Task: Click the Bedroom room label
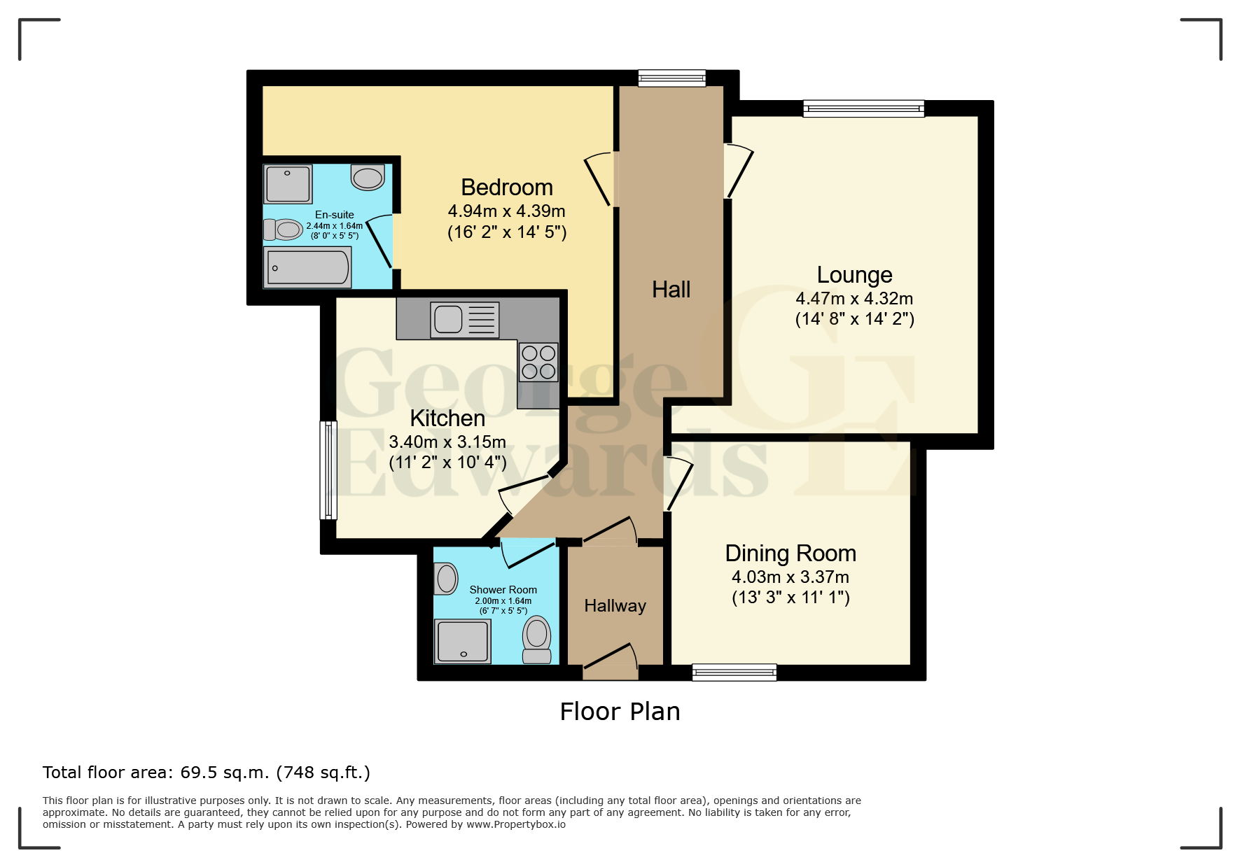click(x=507, y=188)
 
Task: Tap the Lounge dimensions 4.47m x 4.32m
click(x=854, y=298)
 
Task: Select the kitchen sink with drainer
click(x=465, y=320)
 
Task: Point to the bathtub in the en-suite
click(x=307, y=267)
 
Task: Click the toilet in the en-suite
click(x=283, y=230)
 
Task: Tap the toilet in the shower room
click(x=537, y=640)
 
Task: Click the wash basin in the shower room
click(x=445, y=579)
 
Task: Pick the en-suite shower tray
click(x=288, y=183)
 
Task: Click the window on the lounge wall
click(x=864, y=108)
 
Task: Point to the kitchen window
click(x=328, y=470)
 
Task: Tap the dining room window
click(x=734, y=672)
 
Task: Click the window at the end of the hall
click(x=672, y=78)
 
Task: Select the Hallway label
click(x=615, y=606)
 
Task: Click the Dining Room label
click(x=790, y=554)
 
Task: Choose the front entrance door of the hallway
click(x=611, y=661)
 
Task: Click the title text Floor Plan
click(x=620, y=712)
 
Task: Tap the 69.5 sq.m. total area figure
click(x=225, y=773)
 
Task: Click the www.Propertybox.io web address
click(x=516, y=824)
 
